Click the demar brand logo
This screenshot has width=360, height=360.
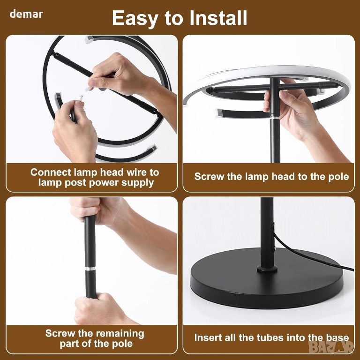click(x=26, y=14)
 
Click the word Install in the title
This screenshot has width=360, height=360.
click(x=218, y=18)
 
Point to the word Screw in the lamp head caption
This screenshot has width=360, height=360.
click(x=209, y=177)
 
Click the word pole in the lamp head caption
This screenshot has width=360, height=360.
click(x=338, y=177)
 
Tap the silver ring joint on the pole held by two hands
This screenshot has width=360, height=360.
click(x=90, y=269)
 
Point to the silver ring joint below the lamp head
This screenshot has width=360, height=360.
click(x=275, y=117)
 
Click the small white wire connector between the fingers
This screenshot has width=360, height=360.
click(x=81, y=97)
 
